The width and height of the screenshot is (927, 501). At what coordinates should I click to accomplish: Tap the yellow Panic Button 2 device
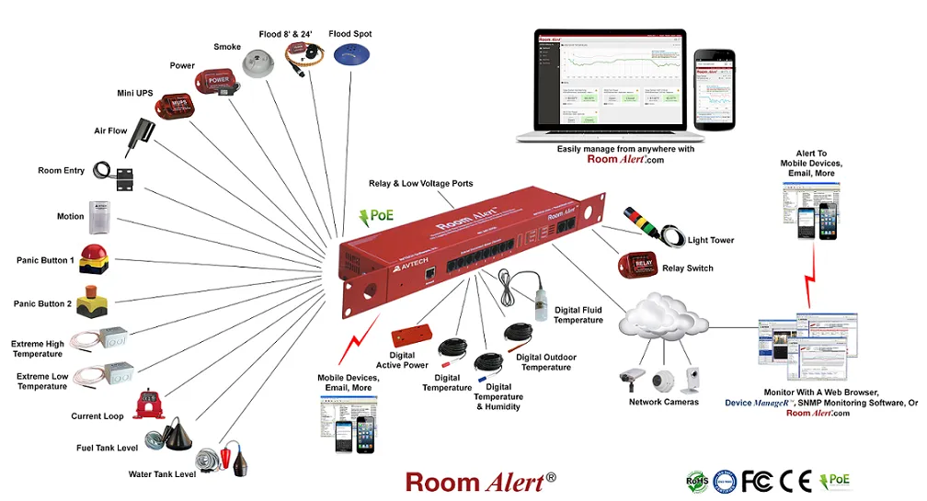[x=93, y=302]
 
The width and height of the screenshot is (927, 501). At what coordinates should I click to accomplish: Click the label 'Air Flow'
[x=110, y=131]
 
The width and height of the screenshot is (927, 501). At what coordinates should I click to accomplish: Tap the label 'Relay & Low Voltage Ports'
[x=421, y=184]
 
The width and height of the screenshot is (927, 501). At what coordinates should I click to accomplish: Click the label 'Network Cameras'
[x=663, y=402]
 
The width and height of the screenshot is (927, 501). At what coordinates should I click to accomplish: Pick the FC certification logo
[x=757, y=480]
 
